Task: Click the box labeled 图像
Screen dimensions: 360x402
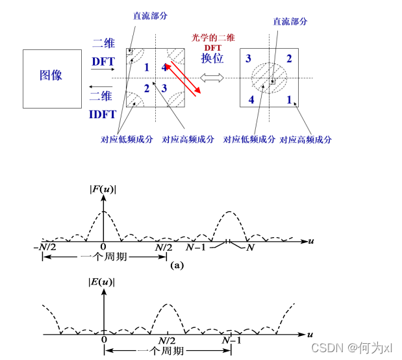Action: pos(52,75)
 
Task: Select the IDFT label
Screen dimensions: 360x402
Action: pos(103,114)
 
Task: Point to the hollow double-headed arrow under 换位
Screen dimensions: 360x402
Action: pos(212,78)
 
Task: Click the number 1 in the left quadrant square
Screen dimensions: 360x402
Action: pos(147,67)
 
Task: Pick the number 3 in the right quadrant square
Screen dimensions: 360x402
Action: pos(249,59)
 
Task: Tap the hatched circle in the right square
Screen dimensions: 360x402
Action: pos(268,79)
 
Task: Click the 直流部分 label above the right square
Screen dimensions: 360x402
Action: pos(290,21)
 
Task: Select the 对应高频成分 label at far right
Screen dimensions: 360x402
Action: pos(306,140)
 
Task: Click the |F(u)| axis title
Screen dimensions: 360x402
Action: pos(102,190)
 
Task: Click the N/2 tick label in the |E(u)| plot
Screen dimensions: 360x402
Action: pos(168,341)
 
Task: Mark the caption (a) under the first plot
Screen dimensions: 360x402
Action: pos(177,266)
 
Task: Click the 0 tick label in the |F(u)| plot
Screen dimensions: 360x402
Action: pos(103,248)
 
